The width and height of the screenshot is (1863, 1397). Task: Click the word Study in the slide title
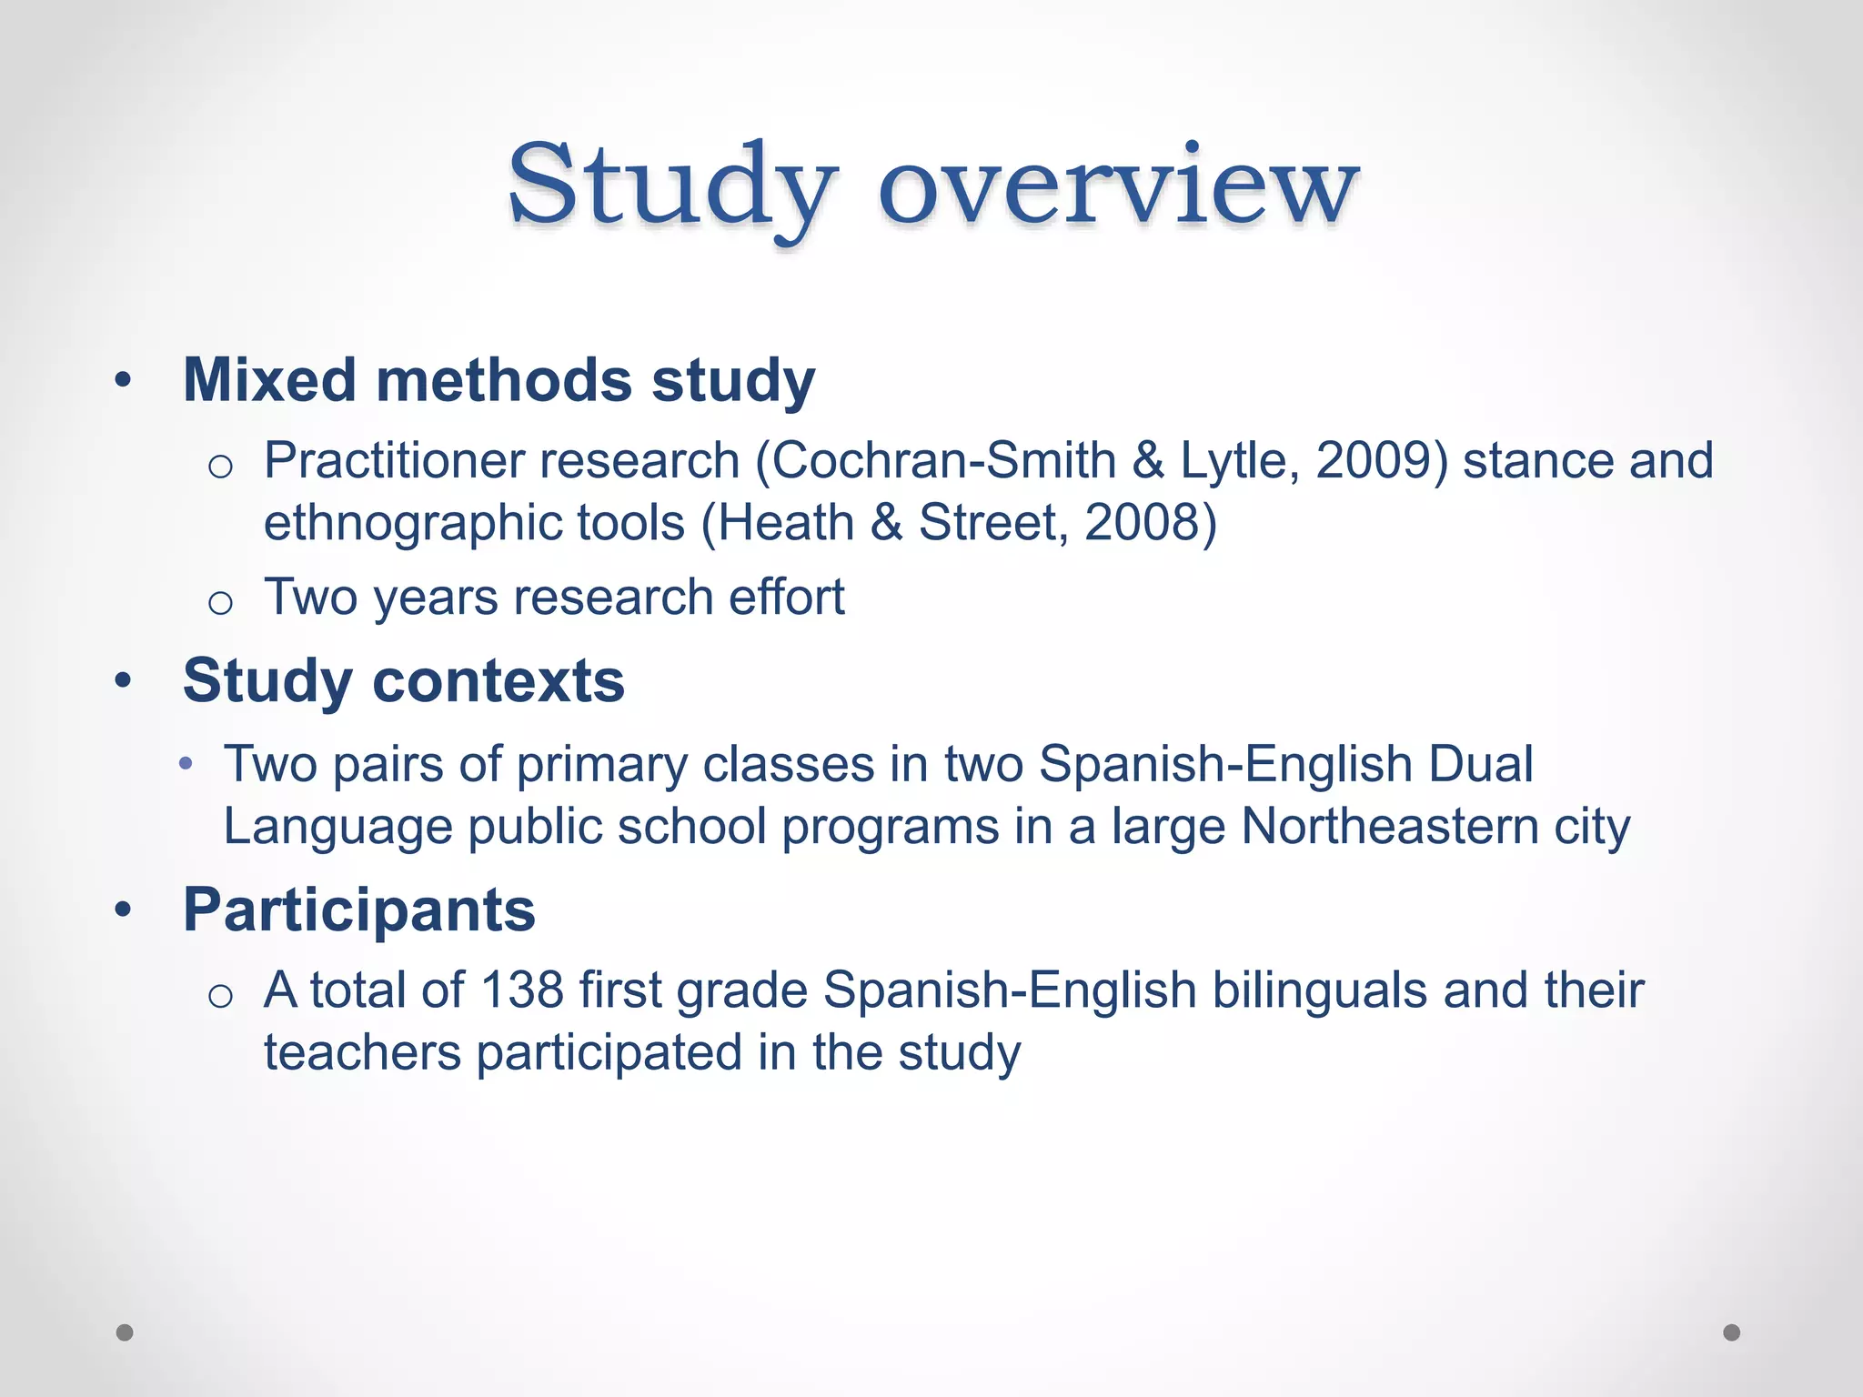[x=669, y=186]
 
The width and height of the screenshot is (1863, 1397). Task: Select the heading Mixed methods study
[x=498, y=379]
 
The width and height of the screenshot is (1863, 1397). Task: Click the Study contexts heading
[x=403, y=680]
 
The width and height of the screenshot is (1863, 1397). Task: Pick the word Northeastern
[x=1388, y=827]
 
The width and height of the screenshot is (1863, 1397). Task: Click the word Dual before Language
[x=1480, y=764]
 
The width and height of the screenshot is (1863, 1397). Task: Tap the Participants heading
[x=359, y=910]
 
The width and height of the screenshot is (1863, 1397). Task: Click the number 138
[x=522, y=990]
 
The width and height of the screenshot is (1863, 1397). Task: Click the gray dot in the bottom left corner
[x=125, y=1332]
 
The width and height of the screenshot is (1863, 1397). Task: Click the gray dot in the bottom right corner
[x=1732, y=1332]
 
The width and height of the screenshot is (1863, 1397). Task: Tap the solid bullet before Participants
[x=124, y=910]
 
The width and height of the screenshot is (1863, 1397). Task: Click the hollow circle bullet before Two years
[x=220, y=603]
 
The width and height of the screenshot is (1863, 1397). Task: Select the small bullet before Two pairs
[x=186, y=764]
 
